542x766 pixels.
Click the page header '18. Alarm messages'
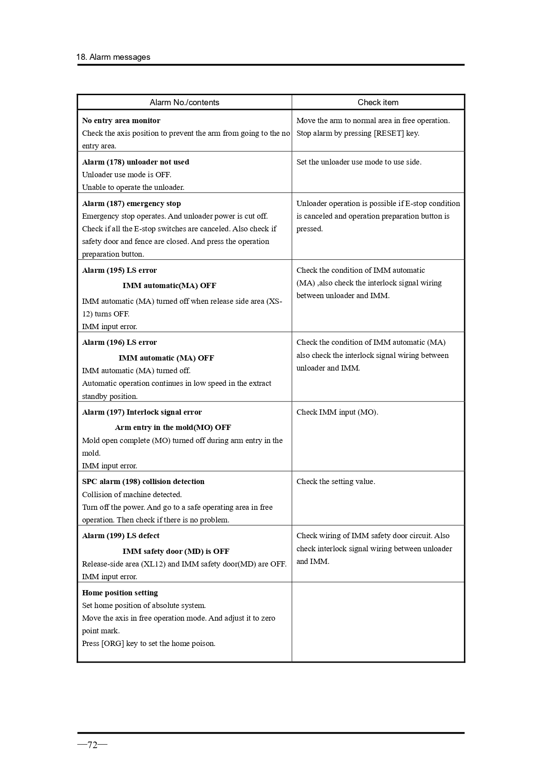113,57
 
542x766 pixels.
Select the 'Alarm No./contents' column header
184,103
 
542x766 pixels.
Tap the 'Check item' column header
378,103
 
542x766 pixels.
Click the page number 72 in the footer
92,745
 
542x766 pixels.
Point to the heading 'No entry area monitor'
121,120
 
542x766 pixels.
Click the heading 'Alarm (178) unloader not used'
135,162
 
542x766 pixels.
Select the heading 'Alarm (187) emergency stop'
131,203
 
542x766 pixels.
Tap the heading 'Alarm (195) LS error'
119,270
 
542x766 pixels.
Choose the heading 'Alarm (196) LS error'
119,342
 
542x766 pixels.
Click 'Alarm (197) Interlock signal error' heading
142,412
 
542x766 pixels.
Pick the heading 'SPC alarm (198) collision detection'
143,481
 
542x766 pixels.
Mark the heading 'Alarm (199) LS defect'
121,536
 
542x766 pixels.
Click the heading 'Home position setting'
120,593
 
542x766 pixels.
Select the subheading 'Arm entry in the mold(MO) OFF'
173,427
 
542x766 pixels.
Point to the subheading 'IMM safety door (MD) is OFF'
176,551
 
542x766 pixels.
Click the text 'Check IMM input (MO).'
337,412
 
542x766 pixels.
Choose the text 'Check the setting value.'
335,481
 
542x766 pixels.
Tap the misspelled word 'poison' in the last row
203,643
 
